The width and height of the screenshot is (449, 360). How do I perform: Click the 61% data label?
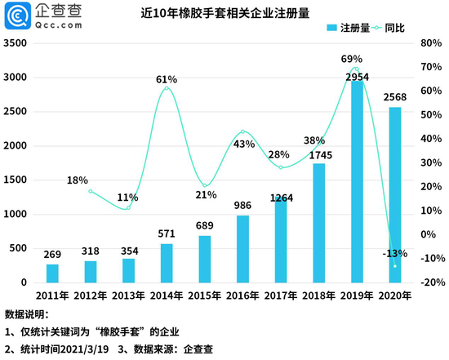coord(167,79)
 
